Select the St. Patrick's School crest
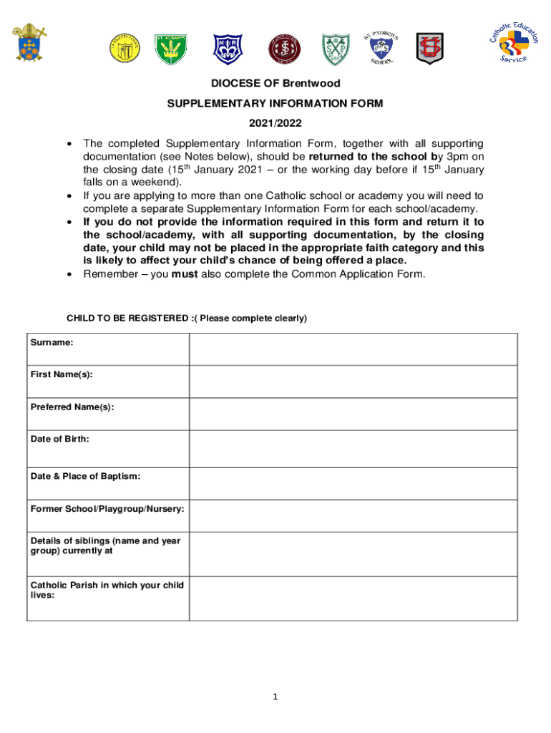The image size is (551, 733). [382, 47]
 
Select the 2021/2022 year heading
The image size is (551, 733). [275, 123]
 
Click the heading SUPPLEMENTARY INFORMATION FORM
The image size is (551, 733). [275, 104]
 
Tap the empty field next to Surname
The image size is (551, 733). [353, 349]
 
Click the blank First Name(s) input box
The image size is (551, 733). [353, 381]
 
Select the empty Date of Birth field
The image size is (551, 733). [353, 448]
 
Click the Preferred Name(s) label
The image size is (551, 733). [72, 407]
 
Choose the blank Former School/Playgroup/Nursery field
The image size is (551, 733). [353, 515]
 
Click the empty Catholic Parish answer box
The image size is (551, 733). [353, 598]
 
